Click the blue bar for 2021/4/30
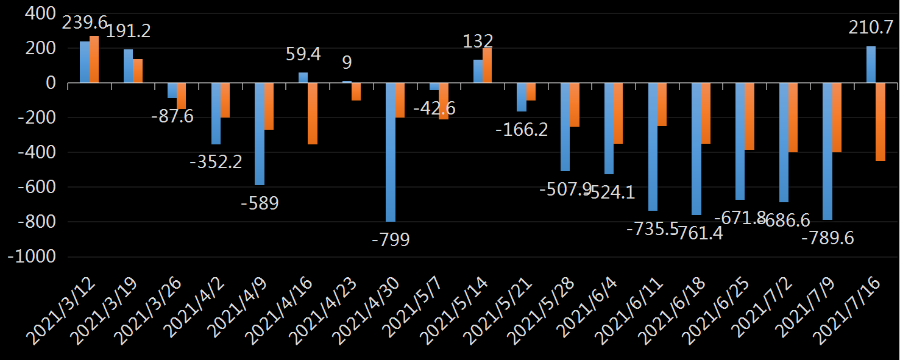coord(391,152)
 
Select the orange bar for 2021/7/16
coord(881,122)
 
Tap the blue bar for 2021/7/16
coord(871,65)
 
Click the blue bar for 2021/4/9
coord(260,134)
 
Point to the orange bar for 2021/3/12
coord(94,60)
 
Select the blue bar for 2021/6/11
coord(653,147)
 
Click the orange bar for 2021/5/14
coord(487,66)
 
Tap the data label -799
coord(391,239)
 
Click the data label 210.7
coord(872,27)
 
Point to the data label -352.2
coord(216,162)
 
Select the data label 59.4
coord(303,54)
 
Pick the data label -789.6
coord(827,238)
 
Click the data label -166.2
coord(521,130)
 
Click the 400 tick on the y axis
coord(38,13)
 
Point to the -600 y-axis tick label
coord(35,187)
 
